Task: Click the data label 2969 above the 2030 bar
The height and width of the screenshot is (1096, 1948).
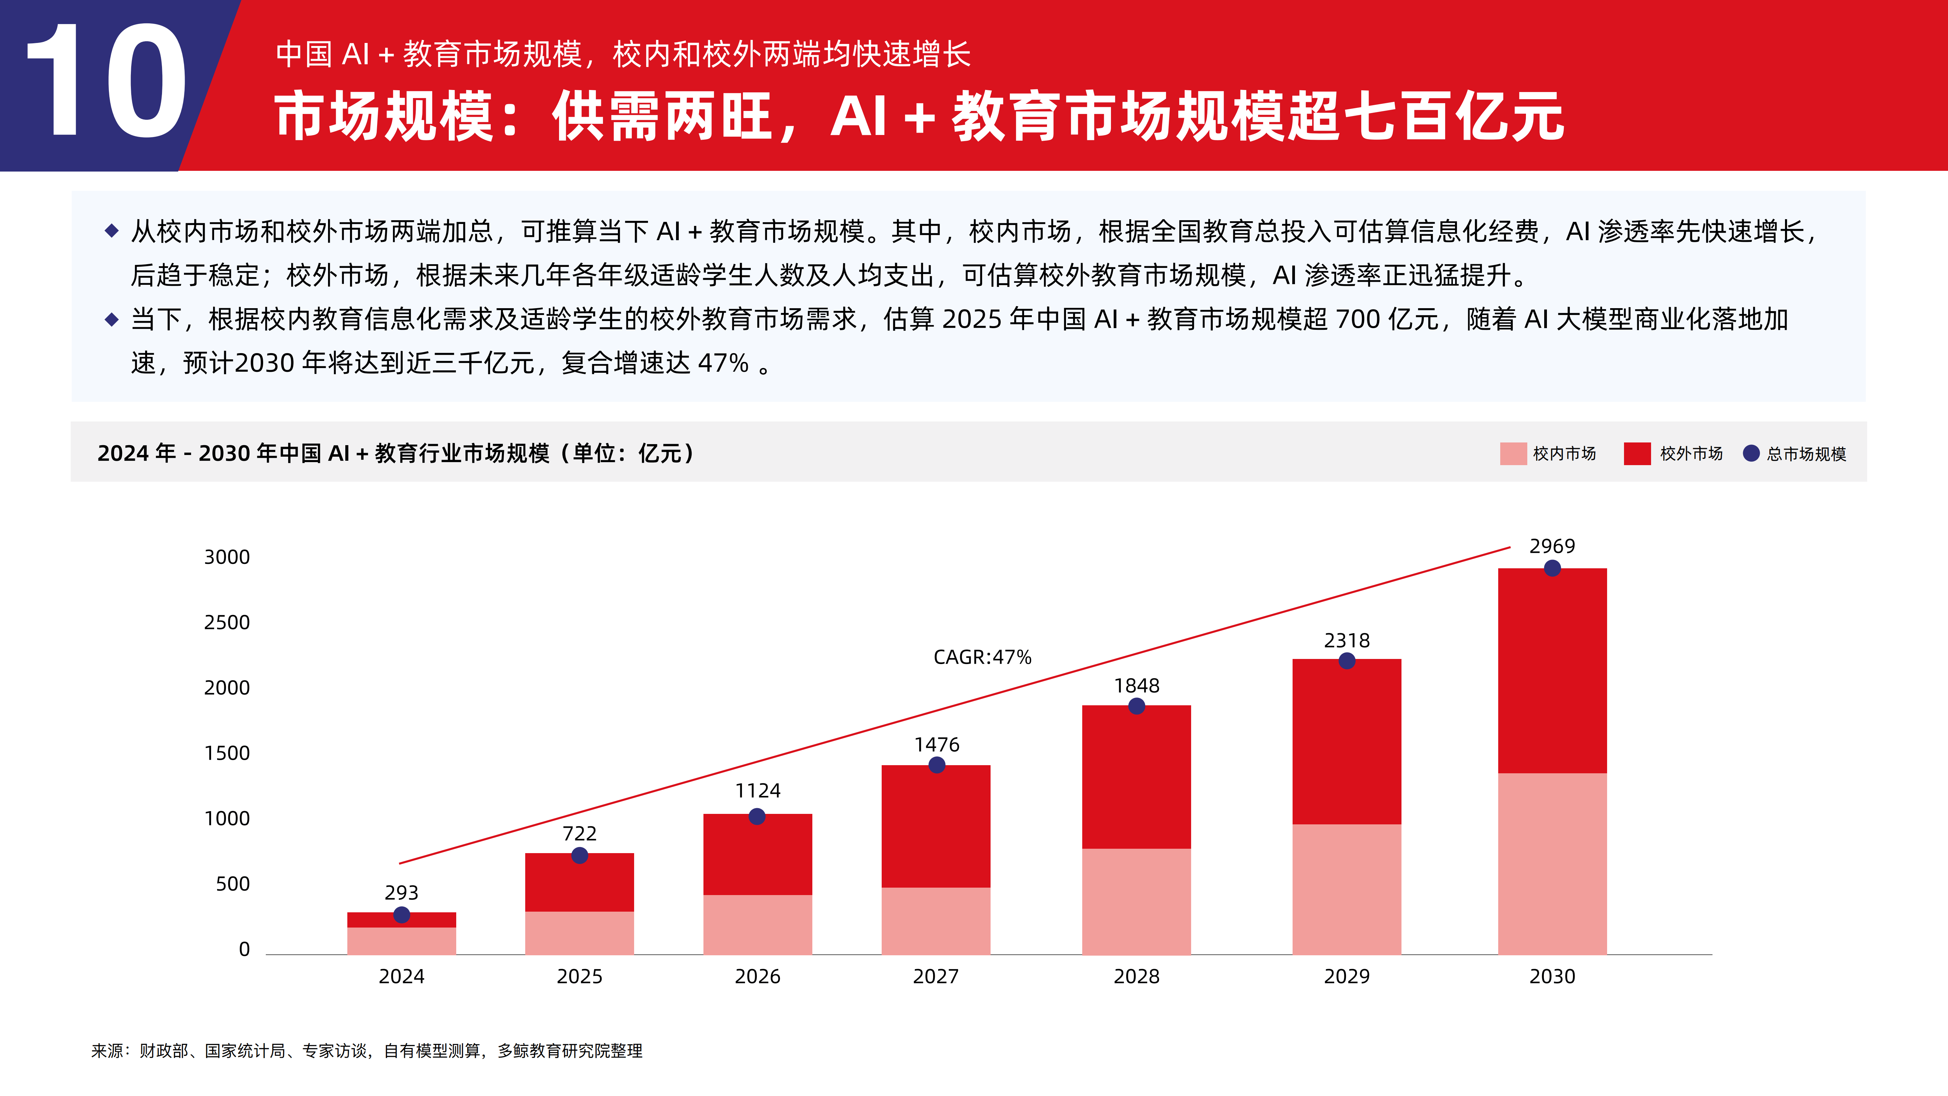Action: click(1552, 546)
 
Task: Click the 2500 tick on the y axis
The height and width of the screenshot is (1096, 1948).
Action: click(227, 622)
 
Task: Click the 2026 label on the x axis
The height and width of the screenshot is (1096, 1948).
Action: click(757, 977)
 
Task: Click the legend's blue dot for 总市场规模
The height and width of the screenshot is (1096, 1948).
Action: click(1750, 453)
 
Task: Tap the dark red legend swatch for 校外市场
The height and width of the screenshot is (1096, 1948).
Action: click(1637, 454)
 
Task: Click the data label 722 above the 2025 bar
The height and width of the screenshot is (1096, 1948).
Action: click(579, 834)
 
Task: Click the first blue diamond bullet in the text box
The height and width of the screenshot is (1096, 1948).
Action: click(112, 231)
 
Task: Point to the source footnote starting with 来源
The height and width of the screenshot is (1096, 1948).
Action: click(367, 1051)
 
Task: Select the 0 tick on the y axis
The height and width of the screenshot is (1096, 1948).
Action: click(243, 949)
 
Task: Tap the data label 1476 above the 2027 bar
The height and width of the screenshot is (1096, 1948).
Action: click(936, 745)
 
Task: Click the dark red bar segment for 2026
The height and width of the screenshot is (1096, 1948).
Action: click(757, 855)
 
